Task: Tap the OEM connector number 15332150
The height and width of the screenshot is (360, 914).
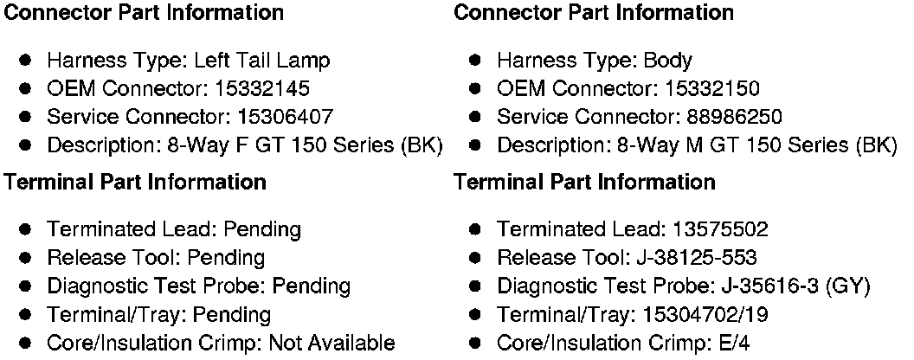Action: (x=713, y=88)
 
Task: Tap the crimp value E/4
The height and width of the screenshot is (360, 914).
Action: (x=736, y=343)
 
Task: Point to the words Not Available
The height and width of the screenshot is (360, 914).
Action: (x=332, y=343)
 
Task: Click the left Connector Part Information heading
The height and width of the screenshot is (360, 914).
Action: (x=144, y=12)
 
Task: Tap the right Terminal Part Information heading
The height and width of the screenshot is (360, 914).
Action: (x=584, y=183)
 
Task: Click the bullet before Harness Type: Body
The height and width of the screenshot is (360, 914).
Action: (x=476, y=61)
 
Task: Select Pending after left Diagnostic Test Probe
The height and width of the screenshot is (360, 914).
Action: (x=310, y=286)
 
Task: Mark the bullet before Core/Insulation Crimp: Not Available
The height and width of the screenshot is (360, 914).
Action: (x=27, y=343)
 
